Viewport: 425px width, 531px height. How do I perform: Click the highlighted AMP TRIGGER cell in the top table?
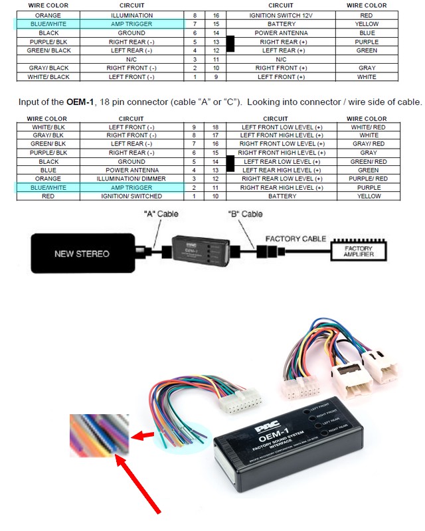[x=131, y=24]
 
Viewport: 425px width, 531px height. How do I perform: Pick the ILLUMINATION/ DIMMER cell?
[x=131, y=179]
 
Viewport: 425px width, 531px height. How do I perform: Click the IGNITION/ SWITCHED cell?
[x=131, y=196]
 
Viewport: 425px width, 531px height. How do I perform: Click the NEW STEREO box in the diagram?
[x=82, y=254]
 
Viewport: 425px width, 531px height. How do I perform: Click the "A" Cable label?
[x=161, y=214]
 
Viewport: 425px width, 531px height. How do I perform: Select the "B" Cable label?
[x=246, y=214]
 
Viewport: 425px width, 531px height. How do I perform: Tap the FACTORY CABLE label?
[x=296, y=238]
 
